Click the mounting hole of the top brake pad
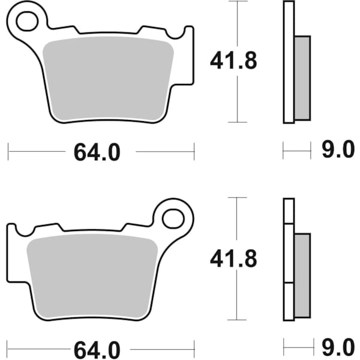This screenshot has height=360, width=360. (x=27, y=22)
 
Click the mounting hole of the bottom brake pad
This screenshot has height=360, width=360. (x=174, y=217)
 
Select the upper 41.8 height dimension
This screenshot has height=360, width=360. (x=233, y=61)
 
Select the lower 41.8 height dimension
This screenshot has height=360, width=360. (x=233, y=259)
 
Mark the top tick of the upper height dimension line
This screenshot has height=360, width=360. (x=238, y=2)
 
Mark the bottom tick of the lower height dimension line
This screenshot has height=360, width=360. (x=238, y=319)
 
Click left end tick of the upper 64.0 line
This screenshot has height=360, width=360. (x=8, y=152)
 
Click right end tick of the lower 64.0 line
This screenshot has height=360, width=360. (x=194, y=347)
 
